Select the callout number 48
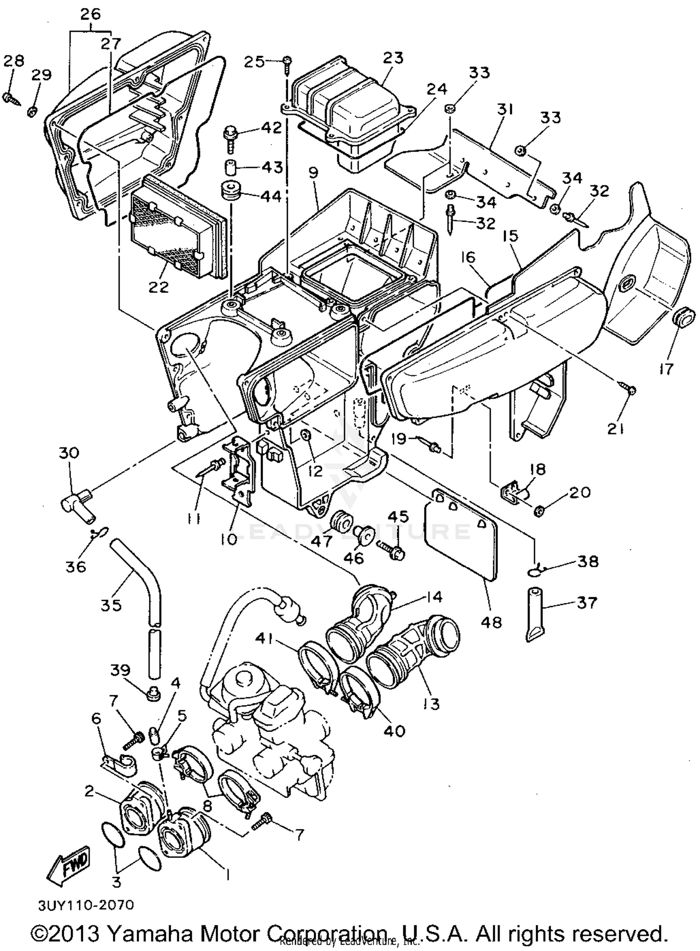491,622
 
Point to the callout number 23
393,58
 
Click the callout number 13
432,703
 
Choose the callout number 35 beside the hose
111,605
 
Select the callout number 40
394,731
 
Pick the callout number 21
616,428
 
